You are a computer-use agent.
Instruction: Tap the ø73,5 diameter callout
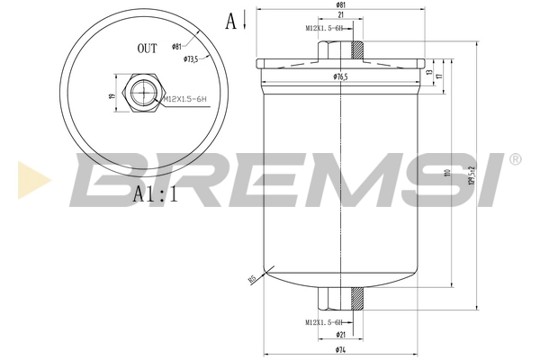(x=190, y=58)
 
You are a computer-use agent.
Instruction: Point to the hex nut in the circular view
(x=145, y=92)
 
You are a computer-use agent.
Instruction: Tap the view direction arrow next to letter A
(x=244, y=20)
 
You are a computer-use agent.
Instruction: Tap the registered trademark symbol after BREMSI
(x=515, y=159)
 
